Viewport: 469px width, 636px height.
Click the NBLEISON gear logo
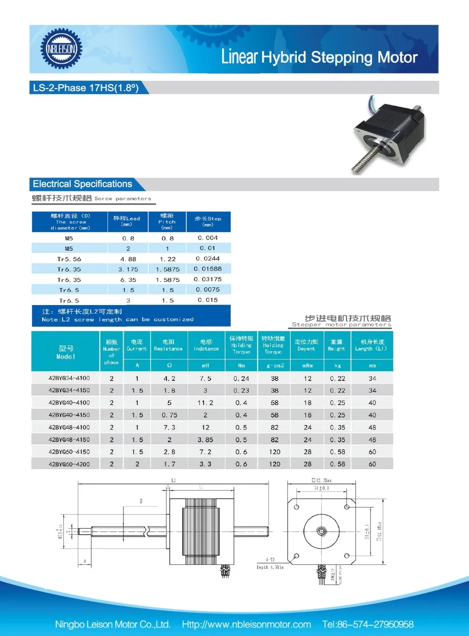click(61, 49)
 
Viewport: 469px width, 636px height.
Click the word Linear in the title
click(239, 57)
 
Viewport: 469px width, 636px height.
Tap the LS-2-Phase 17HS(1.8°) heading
click(86, 88)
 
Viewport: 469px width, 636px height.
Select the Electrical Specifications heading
click(83, 184)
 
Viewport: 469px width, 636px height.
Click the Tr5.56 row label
click(69, 259)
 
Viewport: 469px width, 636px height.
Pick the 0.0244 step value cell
click(208, 259)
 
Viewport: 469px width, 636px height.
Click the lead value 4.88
click(128, 259)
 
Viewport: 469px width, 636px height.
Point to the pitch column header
click(167, 222)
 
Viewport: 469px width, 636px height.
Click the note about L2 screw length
click(117, 315)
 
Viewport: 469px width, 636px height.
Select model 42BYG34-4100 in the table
click(69, 378)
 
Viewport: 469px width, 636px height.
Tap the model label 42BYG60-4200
click(69, 464)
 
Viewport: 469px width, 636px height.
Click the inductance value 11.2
click(205, 403)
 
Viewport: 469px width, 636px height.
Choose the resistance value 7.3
click(169, 427)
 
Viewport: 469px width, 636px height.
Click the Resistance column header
click(168, 345)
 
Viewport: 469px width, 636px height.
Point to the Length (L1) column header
click(372, 345)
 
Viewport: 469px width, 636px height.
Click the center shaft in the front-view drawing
click(321, 531)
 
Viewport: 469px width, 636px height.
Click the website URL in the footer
click(246, 624)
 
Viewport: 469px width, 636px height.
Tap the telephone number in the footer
click(368, 624)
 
